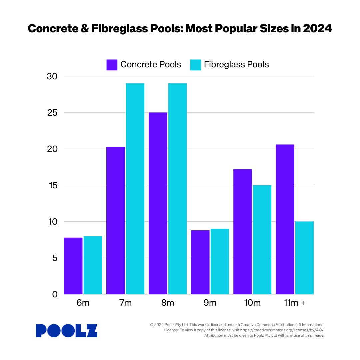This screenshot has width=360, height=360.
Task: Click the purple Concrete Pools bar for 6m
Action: pyautogui.click(x=73, y=266)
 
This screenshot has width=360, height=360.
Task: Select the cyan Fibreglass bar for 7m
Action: pyautogui.click(x=135, y=189)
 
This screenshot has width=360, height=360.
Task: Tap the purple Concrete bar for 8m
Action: pyautogui.click(x=158, y=203)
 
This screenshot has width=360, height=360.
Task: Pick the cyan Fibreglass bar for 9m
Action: pyautogui.click(x=220, y=261)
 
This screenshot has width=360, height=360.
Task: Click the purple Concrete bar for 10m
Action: pyautogui.click(x=242, y=232)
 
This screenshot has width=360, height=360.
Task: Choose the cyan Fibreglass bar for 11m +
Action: pyautogui.click(x=304, y=258)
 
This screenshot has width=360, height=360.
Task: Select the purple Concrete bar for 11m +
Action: pyautogui.click(x=285, y=219)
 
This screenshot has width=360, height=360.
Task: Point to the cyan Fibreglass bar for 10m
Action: pyautogui.click(x=262, y=239)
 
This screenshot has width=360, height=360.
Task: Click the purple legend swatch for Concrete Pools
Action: pyautogui.click(x=112, y=65)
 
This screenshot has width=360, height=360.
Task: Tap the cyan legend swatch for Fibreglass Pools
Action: pyautogui.click(x=196, y=65)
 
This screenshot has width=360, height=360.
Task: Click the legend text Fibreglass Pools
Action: pyautogui.click(x=236, y=65)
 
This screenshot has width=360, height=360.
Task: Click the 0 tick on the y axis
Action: pyautogui.click(x=55, y=294)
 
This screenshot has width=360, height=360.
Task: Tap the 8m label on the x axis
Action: pyautogui.click(x=168, y=303)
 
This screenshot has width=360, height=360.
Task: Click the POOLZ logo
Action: pyautogui.click(x=67, y=331)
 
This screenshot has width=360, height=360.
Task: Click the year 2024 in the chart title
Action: pyautogui.click(x=317, y=29)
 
